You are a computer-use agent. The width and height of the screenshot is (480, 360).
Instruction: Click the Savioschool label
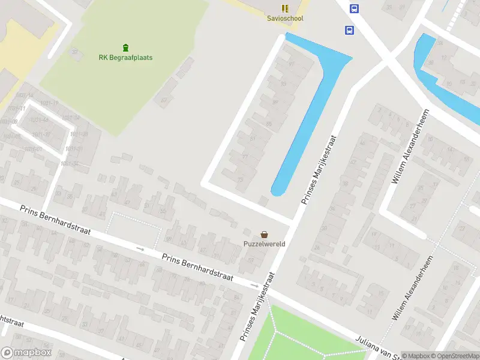pos(285,19)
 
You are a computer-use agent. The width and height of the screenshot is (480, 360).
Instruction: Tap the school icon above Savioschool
pos(285,8)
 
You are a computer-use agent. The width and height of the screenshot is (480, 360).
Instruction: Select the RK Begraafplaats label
pos(125,58)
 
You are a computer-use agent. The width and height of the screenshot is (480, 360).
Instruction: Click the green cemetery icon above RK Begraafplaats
pos(125,47)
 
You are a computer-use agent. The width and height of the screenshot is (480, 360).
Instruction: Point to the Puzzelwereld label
pos(264,244)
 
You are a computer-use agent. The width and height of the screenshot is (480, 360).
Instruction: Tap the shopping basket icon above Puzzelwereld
pos(264,234)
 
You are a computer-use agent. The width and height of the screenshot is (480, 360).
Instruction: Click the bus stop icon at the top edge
pos(355,8)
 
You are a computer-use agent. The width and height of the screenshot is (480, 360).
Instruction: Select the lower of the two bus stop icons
pos(349,30)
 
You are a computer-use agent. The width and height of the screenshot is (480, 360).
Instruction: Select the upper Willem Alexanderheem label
pos(412,146)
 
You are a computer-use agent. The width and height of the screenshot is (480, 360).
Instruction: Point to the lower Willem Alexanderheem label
pos(412,287)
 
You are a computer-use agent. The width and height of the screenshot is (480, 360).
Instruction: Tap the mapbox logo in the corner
pos(26,353)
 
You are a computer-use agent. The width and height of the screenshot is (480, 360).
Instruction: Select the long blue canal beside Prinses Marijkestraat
pos(312,108)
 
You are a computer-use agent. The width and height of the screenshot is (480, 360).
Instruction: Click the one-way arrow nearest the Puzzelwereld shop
pos(255,286)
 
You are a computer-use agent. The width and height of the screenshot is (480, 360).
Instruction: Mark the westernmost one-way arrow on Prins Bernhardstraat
pos(140,249)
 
